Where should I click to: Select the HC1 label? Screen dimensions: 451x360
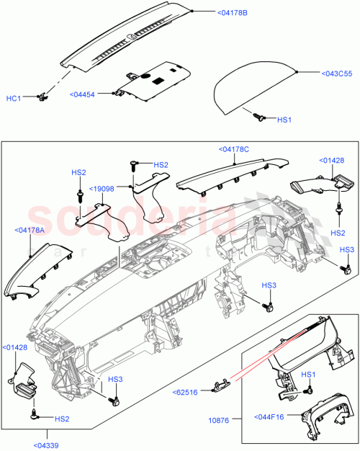click(x=14, y=98)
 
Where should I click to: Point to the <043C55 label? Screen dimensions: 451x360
click(x=323, y=72)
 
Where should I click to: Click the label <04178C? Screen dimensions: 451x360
click(x=233, y=149)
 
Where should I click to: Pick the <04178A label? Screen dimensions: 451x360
click(x=29, y=230)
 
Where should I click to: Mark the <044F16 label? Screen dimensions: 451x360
click(x=271, y=416)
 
